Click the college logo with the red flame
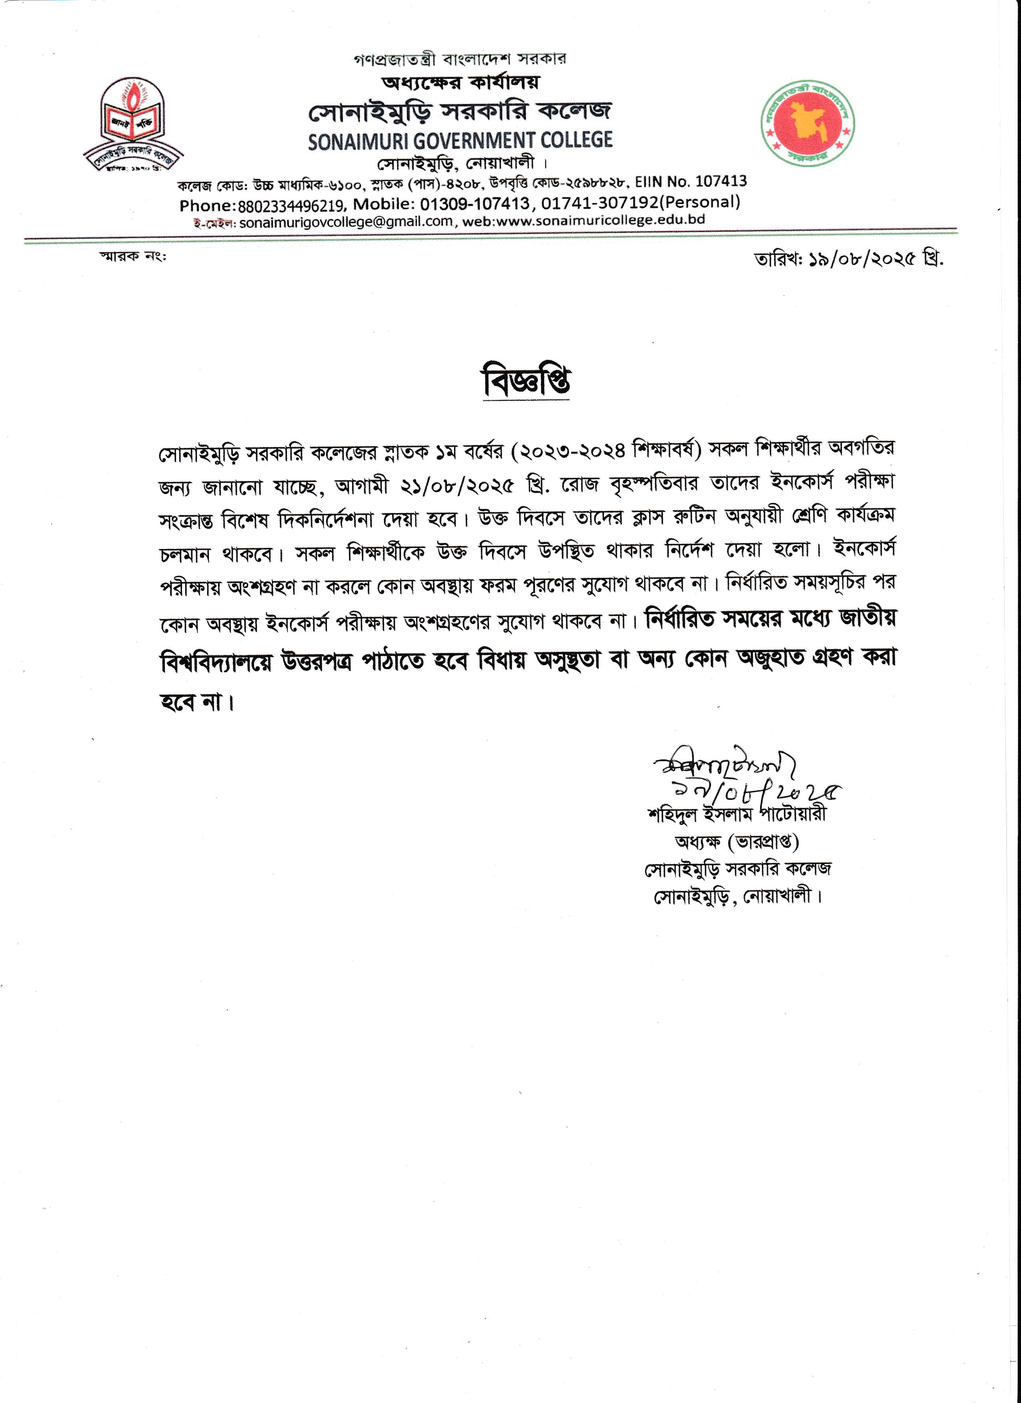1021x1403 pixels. coord(134,124)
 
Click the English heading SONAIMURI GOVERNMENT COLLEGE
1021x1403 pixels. coord(460,141)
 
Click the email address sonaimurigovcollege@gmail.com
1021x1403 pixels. coord(346,222)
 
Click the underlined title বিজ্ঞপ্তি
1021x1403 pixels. coord(526,381)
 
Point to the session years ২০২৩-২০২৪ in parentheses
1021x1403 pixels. coord(573,450)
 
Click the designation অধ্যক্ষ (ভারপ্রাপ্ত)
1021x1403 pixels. coord(737,842)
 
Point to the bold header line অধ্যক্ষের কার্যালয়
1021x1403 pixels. coord(460,82)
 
